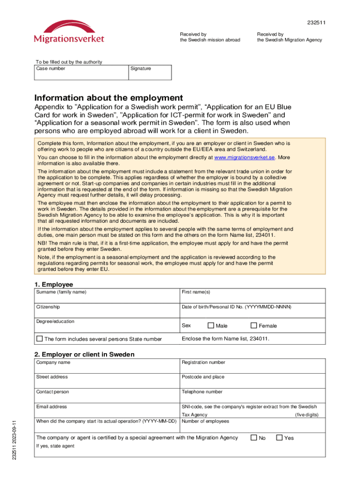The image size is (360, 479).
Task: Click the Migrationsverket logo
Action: coord(69,32)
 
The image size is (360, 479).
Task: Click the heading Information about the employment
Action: coord(108,98)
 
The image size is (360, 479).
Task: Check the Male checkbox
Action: coord(210,326)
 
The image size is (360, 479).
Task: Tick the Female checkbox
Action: coord(254,326)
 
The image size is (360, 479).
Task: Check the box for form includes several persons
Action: coord(40,339)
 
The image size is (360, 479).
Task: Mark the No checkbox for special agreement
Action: coord(253,438)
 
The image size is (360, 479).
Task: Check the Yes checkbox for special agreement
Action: coord(279,438)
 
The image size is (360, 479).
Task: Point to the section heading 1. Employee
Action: coord(54,284)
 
